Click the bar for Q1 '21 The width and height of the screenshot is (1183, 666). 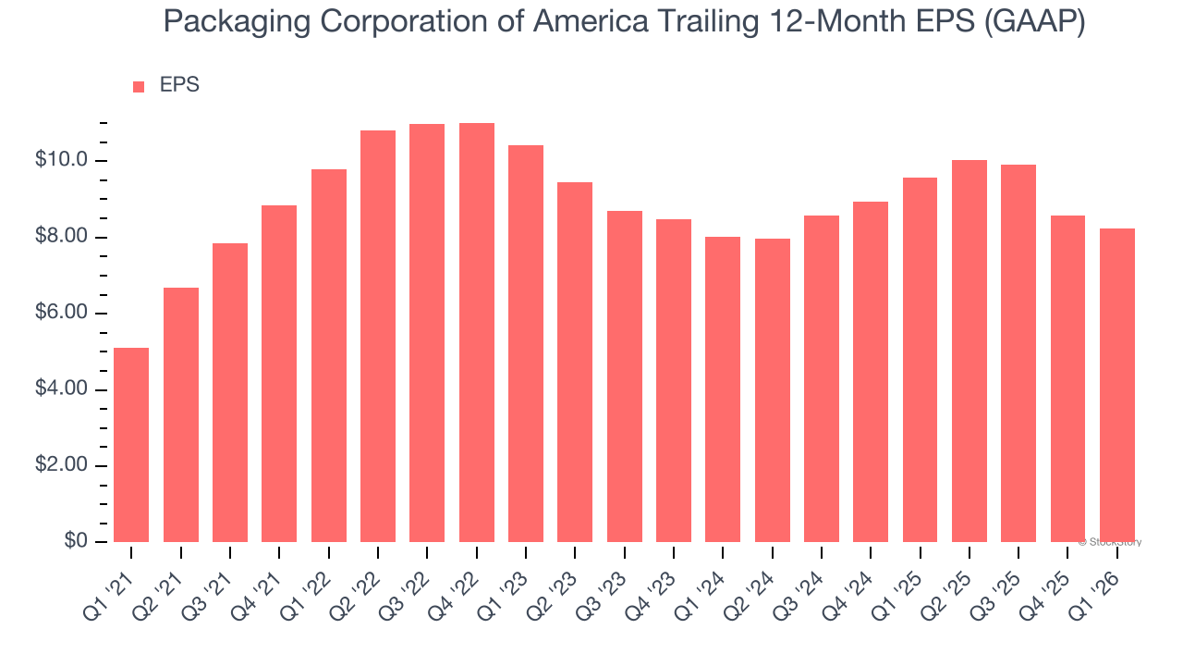[131, 445]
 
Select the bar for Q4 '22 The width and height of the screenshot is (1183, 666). [477, 333]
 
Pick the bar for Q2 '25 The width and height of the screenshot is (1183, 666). [970, 351]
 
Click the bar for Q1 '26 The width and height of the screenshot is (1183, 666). [1117, 385]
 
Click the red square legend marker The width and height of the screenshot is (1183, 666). [139, 86]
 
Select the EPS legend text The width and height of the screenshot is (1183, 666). [179, 85]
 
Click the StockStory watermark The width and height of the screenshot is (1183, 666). [1112, 542]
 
